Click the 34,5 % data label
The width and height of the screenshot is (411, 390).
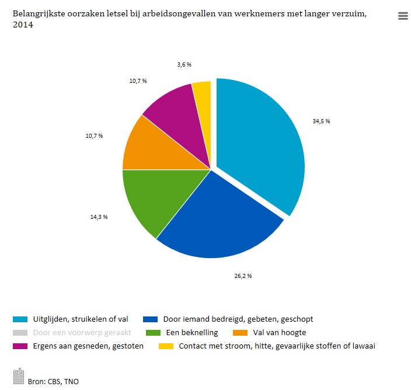[x=321, y=121]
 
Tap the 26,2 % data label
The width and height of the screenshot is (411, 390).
[x=242, y=275]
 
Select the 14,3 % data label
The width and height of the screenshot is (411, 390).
[x=98, y=217]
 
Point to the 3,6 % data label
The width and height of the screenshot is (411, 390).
[x=184, y=64]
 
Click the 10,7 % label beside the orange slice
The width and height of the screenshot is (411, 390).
[x=93, y=135]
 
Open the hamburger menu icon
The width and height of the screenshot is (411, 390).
[x=403, y=16]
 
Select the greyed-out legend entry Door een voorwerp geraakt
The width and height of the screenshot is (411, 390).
[x=81, y=332]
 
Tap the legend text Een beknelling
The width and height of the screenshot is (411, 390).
[x=191, y=332]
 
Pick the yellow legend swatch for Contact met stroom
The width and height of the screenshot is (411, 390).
[x=166, y=346]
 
